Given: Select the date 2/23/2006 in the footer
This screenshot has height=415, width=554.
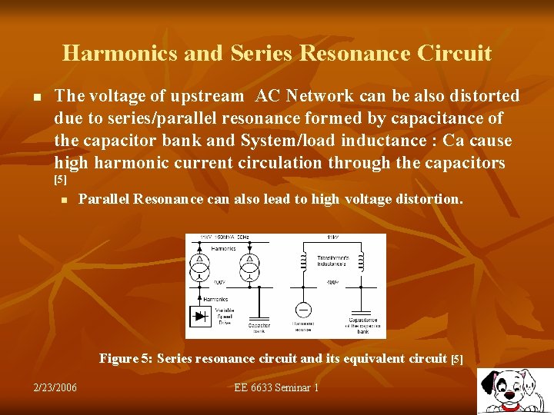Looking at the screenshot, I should [55, 387].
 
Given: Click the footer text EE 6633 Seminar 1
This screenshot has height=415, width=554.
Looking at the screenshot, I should [276, 387].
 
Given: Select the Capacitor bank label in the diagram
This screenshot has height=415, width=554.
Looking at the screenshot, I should [259, 328].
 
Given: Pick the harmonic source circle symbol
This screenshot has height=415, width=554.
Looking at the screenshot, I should [304, 310].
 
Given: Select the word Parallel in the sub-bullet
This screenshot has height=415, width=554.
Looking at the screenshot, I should [104, 199].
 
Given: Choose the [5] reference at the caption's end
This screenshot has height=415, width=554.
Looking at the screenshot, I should [456, 359].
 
